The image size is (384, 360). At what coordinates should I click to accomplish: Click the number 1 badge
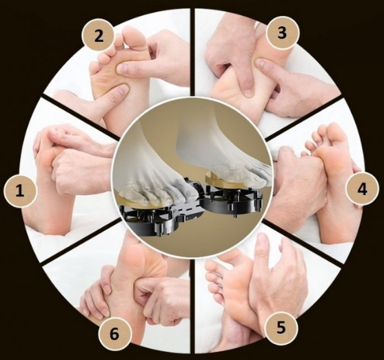pos(20,191)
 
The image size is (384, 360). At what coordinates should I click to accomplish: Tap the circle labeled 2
pos(99,37)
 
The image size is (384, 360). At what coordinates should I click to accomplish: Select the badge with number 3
pos(283,32)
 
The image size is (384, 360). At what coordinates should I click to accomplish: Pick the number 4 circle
pos(362,189)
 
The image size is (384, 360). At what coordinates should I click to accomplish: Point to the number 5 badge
pos(281,328)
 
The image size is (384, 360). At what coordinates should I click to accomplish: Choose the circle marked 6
pos(114,334)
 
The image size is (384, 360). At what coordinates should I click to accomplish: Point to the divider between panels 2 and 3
pos(192,52)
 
